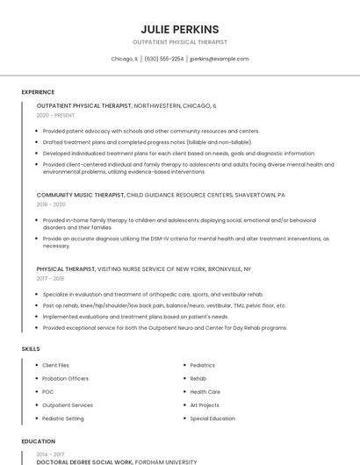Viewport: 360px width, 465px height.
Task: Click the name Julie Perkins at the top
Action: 179,29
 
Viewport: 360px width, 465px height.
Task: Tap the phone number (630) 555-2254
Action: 164,59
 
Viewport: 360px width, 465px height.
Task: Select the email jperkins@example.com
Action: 220,59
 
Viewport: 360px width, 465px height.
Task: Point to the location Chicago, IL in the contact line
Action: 125,59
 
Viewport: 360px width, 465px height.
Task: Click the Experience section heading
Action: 38,92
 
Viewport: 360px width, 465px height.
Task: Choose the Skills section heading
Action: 31,349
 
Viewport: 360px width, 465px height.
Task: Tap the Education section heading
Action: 39,441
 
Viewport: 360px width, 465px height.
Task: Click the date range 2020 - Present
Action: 55,115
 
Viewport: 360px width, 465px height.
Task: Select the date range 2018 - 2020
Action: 52,204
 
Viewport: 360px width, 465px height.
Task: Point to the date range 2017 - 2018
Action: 51,278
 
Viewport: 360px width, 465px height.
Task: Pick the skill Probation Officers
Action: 65,378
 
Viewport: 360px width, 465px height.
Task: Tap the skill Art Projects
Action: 205,405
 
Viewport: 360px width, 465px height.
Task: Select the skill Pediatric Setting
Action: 62,418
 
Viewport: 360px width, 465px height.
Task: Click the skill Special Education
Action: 212,418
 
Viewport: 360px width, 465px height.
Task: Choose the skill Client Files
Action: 55,365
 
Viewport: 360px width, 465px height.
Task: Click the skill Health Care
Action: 205,391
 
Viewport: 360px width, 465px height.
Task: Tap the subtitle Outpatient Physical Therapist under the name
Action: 179,42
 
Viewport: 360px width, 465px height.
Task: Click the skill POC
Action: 48,391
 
